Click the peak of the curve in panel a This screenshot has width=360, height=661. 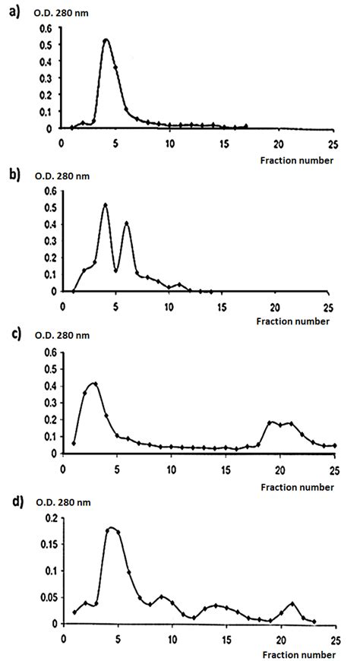tap(106, 40)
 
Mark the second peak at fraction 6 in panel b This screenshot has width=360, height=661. tap(127, 223)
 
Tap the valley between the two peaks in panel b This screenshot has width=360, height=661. tap(116, 270)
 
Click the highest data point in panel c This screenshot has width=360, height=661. tap(95, 384)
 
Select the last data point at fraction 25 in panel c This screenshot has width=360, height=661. tap(334, 445)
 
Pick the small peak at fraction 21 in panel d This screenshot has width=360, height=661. tap(292, 603)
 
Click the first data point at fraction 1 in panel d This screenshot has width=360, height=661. tap(74, 612)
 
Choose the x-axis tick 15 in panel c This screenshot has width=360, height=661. tap(226, 466)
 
